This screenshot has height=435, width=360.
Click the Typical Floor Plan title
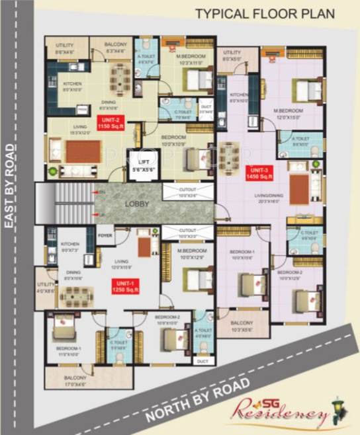[265, 13]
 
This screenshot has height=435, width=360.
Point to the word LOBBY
[137, 204]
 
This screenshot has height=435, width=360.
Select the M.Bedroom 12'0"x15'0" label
[288, 113]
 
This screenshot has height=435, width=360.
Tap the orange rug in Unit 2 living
[83, 151]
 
